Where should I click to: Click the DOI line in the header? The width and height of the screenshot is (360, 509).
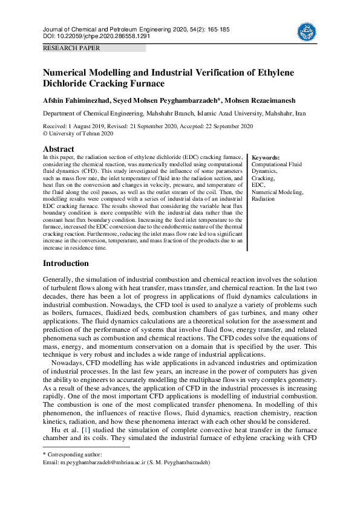point(96,36)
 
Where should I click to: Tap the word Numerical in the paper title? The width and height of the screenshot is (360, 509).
point(67,73)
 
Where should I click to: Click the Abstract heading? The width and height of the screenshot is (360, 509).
point(59,149)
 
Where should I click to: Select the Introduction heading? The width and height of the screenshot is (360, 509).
point(66,264)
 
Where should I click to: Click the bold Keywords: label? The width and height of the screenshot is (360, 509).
point(266,157)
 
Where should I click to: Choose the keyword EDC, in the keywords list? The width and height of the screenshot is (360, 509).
point(258,185)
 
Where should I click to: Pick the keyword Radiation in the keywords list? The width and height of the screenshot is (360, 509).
point(263,198)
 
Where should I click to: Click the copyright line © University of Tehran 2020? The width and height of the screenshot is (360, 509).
point(78,134)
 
